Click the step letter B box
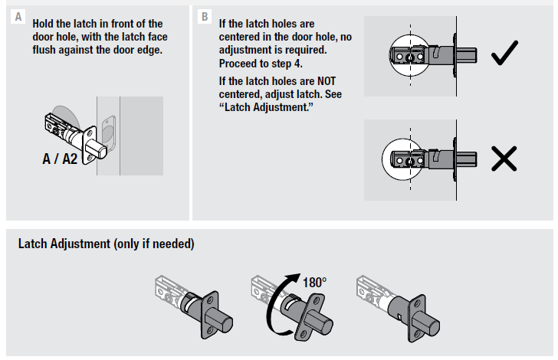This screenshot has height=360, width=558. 204,16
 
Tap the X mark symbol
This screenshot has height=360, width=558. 503,158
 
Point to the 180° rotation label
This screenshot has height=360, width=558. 313,283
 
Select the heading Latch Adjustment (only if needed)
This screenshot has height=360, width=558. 106,244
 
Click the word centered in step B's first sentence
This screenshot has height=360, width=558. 244,37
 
